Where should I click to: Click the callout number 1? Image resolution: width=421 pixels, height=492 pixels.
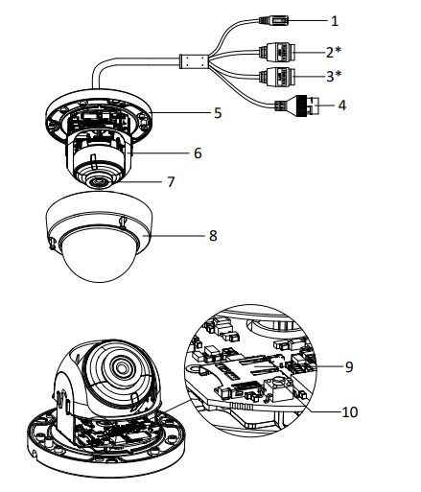(x=335, y=18)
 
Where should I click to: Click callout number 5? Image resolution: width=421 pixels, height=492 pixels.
(x=218, y=113)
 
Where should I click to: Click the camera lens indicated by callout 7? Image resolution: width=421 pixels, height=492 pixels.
(x=99, y=179)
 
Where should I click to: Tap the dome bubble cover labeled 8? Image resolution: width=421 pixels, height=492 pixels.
(x=97, y=249)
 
